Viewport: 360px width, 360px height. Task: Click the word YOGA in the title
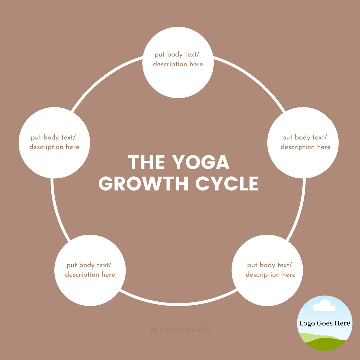[x=201, y=162]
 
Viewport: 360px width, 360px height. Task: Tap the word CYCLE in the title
[x=227, y=184]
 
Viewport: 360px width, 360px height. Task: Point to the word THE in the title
[x=146, y=162]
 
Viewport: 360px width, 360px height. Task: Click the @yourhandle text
[x=180, y=330]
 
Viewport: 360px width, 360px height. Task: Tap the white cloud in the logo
[x=324, y=306]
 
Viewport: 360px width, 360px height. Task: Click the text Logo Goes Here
[x=325, y=323]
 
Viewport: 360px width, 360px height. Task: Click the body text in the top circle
[x=178, y=59]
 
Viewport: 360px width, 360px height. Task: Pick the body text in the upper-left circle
[x=54, y=142]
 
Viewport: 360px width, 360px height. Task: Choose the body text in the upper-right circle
[x=305, y=142]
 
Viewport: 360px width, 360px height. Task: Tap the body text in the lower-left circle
[x=90, y=270]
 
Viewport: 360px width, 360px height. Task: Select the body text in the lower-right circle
[x=270, y=270]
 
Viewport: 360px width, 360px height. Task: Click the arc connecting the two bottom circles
[x=178, y=305]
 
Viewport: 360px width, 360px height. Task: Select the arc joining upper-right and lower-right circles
[x=300, y=211]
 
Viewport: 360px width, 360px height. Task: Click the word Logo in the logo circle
[x=307, y=323]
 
